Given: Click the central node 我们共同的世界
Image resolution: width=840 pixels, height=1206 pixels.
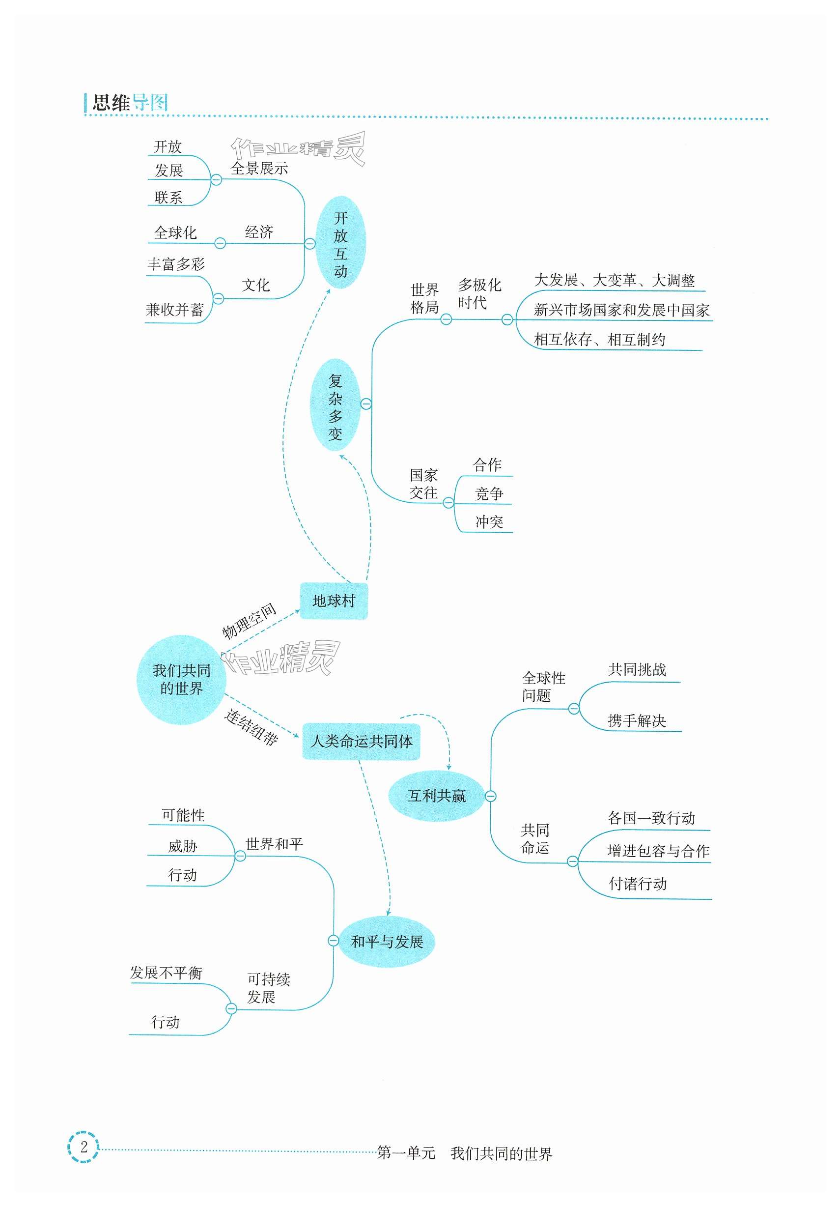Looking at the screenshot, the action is pos(181,679).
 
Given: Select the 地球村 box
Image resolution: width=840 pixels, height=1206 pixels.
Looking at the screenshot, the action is pos(334,601).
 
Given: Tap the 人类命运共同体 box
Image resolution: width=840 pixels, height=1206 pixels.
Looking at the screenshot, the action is pos(361,741).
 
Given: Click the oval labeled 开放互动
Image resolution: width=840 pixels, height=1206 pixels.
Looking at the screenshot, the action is pos(340,243).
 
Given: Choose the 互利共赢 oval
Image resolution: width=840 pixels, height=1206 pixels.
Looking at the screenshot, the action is pos(436,796).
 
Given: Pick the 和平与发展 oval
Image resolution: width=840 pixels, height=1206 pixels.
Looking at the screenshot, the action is pos(387,942).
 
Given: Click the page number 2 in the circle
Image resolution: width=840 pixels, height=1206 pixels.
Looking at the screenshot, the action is pos(84,1147).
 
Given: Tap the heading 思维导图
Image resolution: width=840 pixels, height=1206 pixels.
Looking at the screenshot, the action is pos(130,102).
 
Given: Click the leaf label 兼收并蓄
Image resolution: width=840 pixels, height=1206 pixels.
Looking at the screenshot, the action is pos(174,310).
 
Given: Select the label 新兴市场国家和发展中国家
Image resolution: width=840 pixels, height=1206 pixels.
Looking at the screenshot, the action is pos(621,310).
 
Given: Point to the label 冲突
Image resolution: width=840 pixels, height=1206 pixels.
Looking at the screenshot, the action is pos(489,521).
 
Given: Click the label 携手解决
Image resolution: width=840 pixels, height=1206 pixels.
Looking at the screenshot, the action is pos(636,720).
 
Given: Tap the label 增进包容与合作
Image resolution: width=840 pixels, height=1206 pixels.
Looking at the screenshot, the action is pos(658,851).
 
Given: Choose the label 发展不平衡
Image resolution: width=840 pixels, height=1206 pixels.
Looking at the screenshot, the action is pos(166,973).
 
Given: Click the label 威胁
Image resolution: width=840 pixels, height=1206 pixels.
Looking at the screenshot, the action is pos(182,846).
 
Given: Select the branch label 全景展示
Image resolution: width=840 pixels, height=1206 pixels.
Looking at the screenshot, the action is pos(259,168).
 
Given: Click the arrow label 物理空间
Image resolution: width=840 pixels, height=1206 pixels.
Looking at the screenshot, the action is pos(249,621).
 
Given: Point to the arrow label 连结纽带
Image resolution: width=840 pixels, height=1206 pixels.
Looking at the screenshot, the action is pos(251,727).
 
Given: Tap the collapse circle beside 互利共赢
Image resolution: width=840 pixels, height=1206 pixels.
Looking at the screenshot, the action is pos(490,796).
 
